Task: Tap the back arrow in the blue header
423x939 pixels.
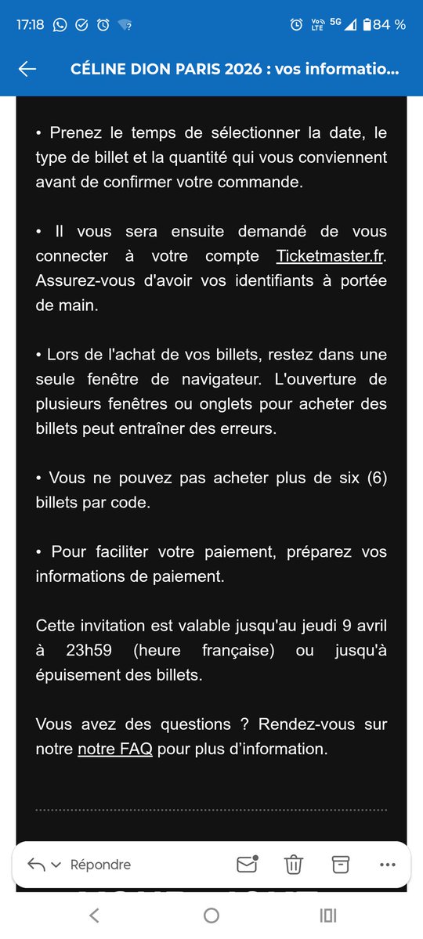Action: pos(27,69)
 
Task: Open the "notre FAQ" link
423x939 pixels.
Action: pos(114,749)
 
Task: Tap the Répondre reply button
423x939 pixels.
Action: pos(99,865)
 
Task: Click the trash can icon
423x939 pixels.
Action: pos(293,865)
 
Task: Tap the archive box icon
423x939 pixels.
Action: pos(340,864)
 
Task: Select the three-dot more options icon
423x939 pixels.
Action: pos(387,865)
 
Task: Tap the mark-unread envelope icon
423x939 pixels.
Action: pos(247,864)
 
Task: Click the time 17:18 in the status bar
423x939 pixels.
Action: pos(30,24)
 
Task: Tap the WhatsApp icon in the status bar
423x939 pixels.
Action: pos(60,24)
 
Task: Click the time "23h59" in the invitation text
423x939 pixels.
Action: pos(89,650)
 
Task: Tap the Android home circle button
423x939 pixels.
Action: pos(211,915)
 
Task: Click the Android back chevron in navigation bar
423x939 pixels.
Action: pos(94,915)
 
